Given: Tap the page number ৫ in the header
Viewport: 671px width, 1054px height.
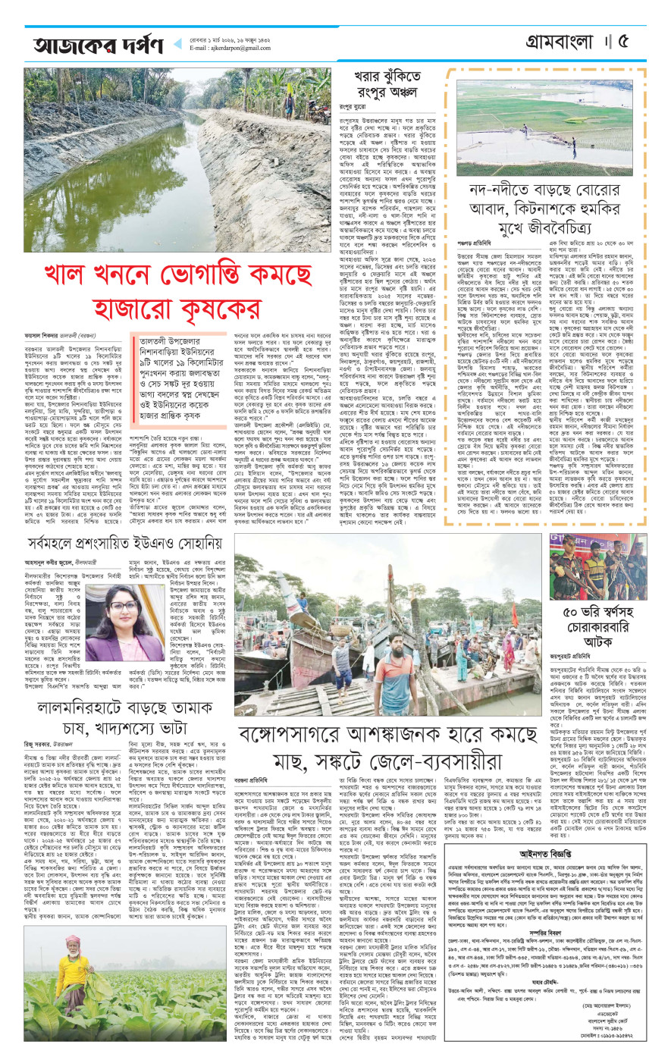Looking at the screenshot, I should pyautogui.click(x=646, y=41).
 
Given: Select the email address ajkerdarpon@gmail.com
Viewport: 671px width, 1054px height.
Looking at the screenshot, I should pyautogui.click(x=230, y=49).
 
